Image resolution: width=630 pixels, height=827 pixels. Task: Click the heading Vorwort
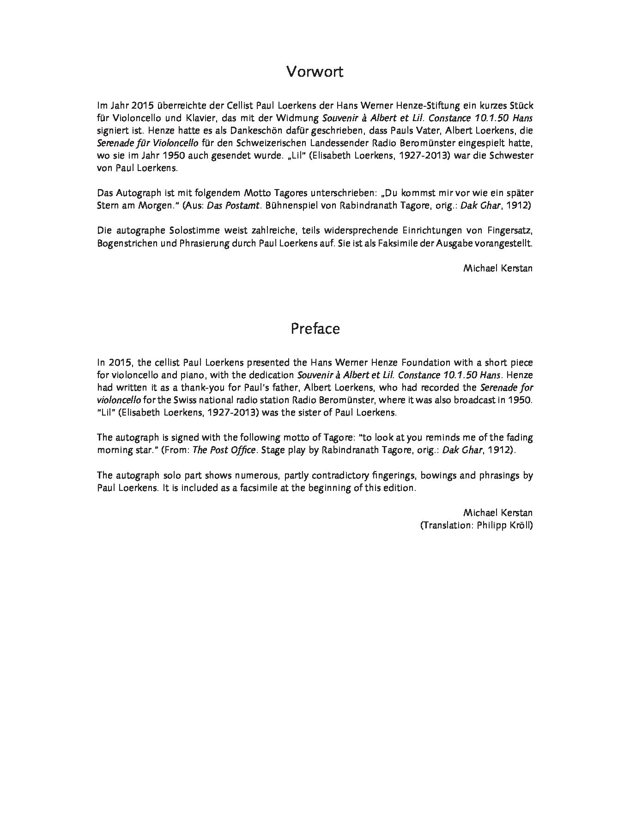[315, 72]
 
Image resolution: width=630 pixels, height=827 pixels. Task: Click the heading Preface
[315, 329]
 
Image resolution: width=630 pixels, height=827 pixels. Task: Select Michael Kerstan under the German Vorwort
[498, 268]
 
